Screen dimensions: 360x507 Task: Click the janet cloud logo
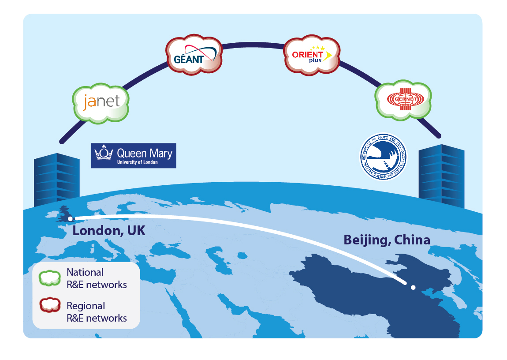point(101,102)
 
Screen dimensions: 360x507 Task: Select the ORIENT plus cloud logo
point(312,55)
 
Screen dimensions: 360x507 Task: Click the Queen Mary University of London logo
point(134,155)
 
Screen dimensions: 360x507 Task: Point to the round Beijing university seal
point(383,157)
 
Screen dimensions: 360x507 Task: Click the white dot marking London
point(71,218)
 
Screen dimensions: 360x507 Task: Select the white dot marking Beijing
point(413,288)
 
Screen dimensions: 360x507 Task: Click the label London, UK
point(109,230)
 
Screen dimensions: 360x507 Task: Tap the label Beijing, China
point(387,240)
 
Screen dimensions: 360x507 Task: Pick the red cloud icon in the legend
point(50,305)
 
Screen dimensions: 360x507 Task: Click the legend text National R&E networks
point(97,278)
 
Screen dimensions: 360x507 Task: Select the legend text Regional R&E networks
point(97,311)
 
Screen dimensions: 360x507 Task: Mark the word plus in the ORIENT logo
point(316,61)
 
